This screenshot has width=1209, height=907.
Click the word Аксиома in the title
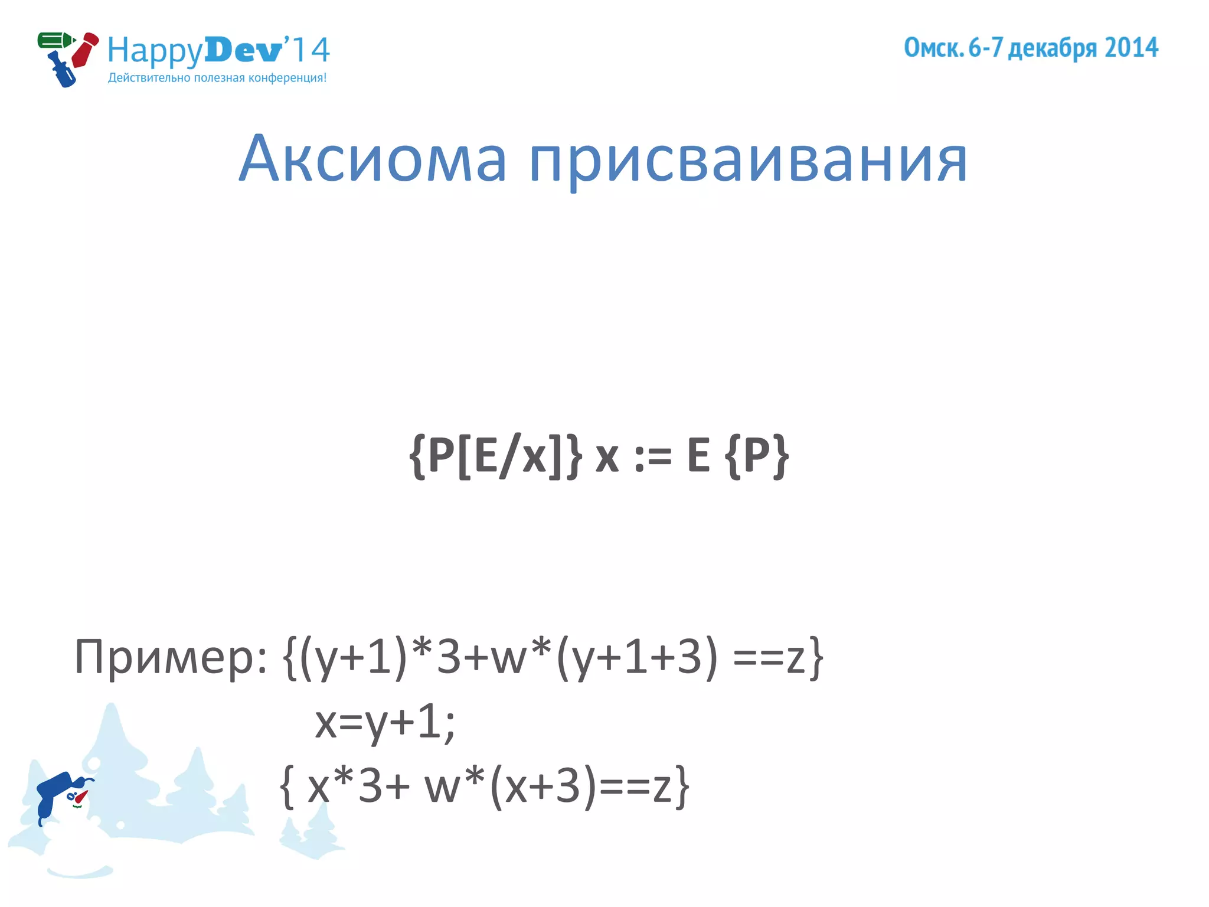click(x=372, y=158)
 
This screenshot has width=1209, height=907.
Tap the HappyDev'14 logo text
click(x=218, y=50)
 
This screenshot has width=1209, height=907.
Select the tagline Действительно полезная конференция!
click(x=217, y=78)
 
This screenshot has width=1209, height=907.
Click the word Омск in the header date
click(x=932, y=48)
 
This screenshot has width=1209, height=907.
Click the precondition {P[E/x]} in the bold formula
click(x=495, y=456)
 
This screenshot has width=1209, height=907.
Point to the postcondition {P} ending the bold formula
click(x=757, y=456)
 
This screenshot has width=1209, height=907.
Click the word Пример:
click(x=171, y=657)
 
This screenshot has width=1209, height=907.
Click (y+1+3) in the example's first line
click(x=638, y=657)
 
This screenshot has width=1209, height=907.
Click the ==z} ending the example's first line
click(x=777, y=657)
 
